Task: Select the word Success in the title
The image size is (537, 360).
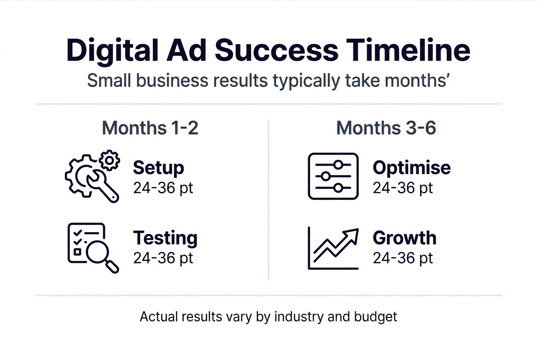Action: point(276,51)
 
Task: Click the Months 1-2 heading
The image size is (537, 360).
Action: point(150,128)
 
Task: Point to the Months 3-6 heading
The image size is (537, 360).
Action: point(386,128)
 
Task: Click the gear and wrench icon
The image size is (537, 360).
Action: point(91,177)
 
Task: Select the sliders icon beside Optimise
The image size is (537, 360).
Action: point(333,176)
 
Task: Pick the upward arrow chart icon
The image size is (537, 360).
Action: point(333,248)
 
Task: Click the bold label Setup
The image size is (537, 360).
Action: point(158,168)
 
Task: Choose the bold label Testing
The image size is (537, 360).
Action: point(165,238)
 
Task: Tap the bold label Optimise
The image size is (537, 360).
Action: point(412,168)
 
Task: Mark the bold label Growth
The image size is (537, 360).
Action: point(404,238)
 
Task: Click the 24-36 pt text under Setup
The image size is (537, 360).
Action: point(163,188)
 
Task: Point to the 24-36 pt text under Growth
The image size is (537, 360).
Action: point(403,258)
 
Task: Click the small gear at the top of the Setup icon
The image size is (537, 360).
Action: point(110,160)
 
